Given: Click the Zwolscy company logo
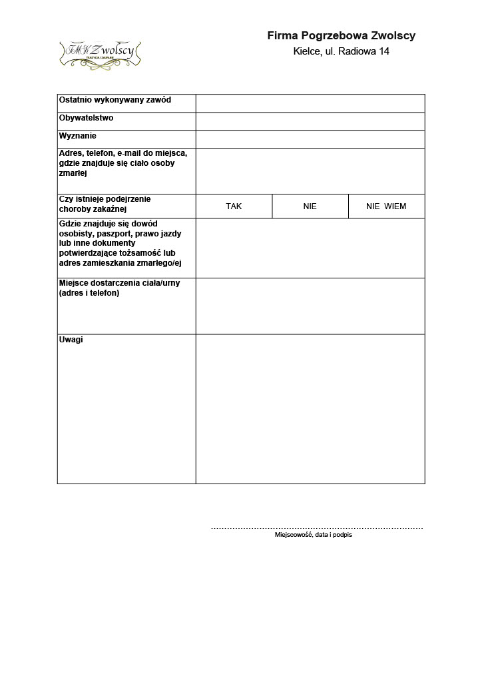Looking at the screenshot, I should [x=101, y=53].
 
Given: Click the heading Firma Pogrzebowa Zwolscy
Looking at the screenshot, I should [x=341, y=36].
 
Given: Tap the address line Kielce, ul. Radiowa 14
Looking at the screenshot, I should [x=341, y=51].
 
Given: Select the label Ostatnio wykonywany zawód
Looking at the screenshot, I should [x=115, y=100].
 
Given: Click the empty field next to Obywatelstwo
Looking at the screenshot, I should [x=310, y=121].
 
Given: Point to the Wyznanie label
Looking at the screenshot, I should [x=78, y=136].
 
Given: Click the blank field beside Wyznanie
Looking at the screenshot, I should [x=310, y=139].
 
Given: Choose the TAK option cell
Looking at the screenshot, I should [x=234, y=206].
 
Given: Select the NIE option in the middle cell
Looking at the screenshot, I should [x=310, y=206].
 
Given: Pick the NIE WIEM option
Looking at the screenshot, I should [x=386, y=206].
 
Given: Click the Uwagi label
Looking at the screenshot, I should [x=71, y=340].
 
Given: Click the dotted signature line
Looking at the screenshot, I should [x=317, y=528].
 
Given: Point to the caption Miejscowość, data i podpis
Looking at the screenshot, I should [x=314, y=535].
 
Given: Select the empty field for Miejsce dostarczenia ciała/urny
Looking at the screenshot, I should [x=310, y=306].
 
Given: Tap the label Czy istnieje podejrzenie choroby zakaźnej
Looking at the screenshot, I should [x=105, y=204].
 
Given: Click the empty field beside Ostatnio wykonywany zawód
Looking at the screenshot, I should [x=310, y=103].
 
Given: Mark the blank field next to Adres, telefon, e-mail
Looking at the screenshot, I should [x=310, y=170].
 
